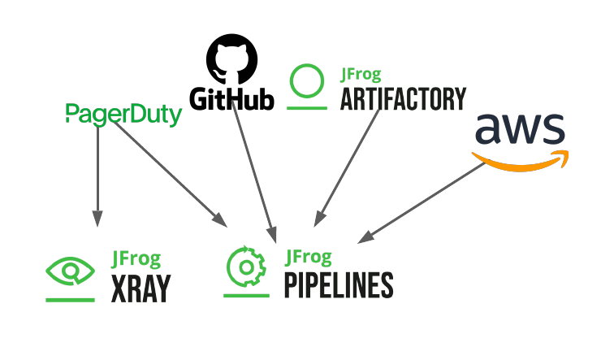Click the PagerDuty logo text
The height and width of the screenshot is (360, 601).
click(122, 115)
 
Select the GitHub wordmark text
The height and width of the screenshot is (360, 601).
click(231, 99)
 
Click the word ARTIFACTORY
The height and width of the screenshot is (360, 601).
click(403, 99)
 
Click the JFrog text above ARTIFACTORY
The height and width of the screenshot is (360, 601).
click(363, 74)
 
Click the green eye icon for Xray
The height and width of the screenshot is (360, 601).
click(70, 271)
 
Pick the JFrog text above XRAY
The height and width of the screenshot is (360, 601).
click(136, 259)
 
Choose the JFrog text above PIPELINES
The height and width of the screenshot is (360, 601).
click(309, 258)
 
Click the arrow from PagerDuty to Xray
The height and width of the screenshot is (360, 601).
click(97, 171)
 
